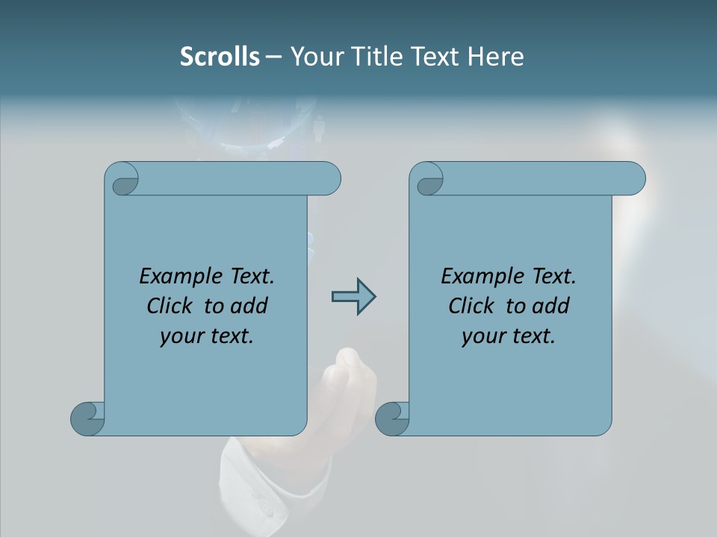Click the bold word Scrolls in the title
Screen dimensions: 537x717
[x=220, y=57]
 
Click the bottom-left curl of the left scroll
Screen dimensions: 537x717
[x=87, y=419]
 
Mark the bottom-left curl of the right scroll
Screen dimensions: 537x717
[x=392, y=419]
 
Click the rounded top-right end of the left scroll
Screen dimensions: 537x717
[x=329, y=179]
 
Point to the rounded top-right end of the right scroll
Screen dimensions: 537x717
[x=633, y=179]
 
